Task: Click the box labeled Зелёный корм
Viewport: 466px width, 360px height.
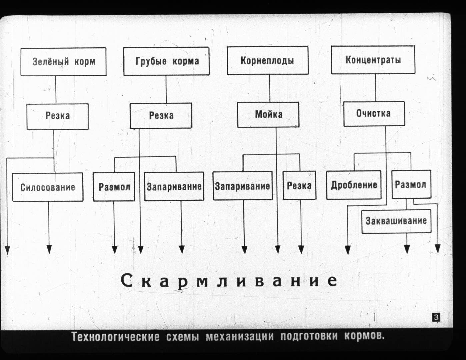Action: click(63, 62)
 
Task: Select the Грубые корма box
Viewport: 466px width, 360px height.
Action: click(166, 61)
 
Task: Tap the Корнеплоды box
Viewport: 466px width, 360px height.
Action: click(268, 60)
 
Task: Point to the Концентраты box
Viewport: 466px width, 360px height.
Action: click(373, 60)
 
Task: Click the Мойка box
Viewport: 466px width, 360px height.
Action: click(268, 114)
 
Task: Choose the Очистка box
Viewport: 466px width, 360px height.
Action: click(374, 114)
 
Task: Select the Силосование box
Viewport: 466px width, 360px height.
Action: click(48, 187)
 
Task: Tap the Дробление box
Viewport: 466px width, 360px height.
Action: click(354, 185)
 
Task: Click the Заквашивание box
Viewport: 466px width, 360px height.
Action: click(396, 221)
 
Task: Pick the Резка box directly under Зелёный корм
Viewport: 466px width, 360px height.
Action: click(57, 117)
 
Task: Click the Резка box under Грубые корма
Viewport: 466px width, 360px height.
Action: click(161, 116)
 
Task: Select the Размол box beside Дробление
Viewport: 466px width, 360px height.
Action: click(412, 184)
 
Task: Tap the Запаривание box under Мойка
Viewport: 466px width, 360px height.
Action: click(243, 186)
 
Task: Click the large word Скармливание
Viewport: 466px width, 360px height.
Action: click(229, 281)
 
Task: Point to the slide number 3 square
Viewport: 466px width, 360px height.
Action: click(436, 317)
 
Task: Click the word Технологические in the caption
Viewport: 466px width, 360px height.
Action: click(115, 336)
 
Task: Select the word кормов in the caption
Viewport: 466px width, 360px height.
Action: click(364, 336)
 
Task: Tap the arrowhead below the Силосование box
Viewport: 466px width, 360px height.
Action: click(49, 249)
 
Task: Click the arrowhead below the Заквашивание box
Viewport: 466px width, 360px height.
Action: click(407, 249)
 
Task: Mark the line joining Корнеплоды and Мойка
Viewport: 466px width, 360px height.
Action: click(270, 88)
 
